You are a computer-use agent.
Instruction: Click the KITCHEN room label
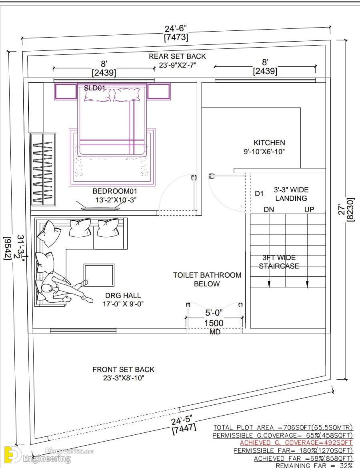pyautogui.click(x=269, y=143)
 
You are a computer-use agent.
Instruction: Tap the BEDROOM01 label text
pyautogui.click(x=115, y=191)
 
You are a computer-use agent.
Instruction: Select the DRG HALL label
pyautogui.click(x=123, y=296)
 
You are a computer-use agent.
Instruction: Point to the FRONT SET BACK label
pyautogui.click(x=123, y=370)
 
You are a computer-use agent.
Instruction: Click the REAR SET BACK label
pyautogui.click(x=177, y=56)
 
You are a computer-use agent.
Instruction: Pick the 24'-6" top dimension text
pyautogui.click(x=176, y=29)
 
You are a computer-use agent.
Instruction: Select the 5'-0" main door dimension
pyautogui.click(x=214, y=313)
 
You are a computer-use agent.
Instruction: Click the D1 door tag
pyautogui.click(x=259, y=194)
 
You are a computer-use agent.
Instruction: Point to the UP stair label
pyautogui.click(x=309, y=210)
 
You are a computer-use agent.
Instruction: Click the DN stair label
pyautogui.click(x=269, y=210)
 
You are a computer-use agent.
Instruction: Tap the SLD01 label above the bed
pyautogui.click(x=94, y=88)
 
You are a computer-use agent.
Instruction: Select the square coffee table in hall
pyautogui.click(x=99, y=275)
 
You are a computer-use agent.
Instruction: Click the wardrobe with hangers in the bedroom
pyautogui.click(x=43, y=169)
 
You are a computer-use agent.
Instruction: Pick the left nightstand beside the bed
pyautogui.click(x=66, y=91)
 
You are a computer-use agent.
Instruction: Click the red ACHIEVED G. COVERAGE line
pyautogui.click(x=296, y=443)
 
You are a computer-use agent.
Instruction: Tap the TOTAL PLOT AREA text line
pyautogui.click(x=283, y=428)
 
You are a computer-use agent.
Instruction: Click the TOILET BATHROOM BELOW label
pyautogui.click(x=207, y=279)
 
